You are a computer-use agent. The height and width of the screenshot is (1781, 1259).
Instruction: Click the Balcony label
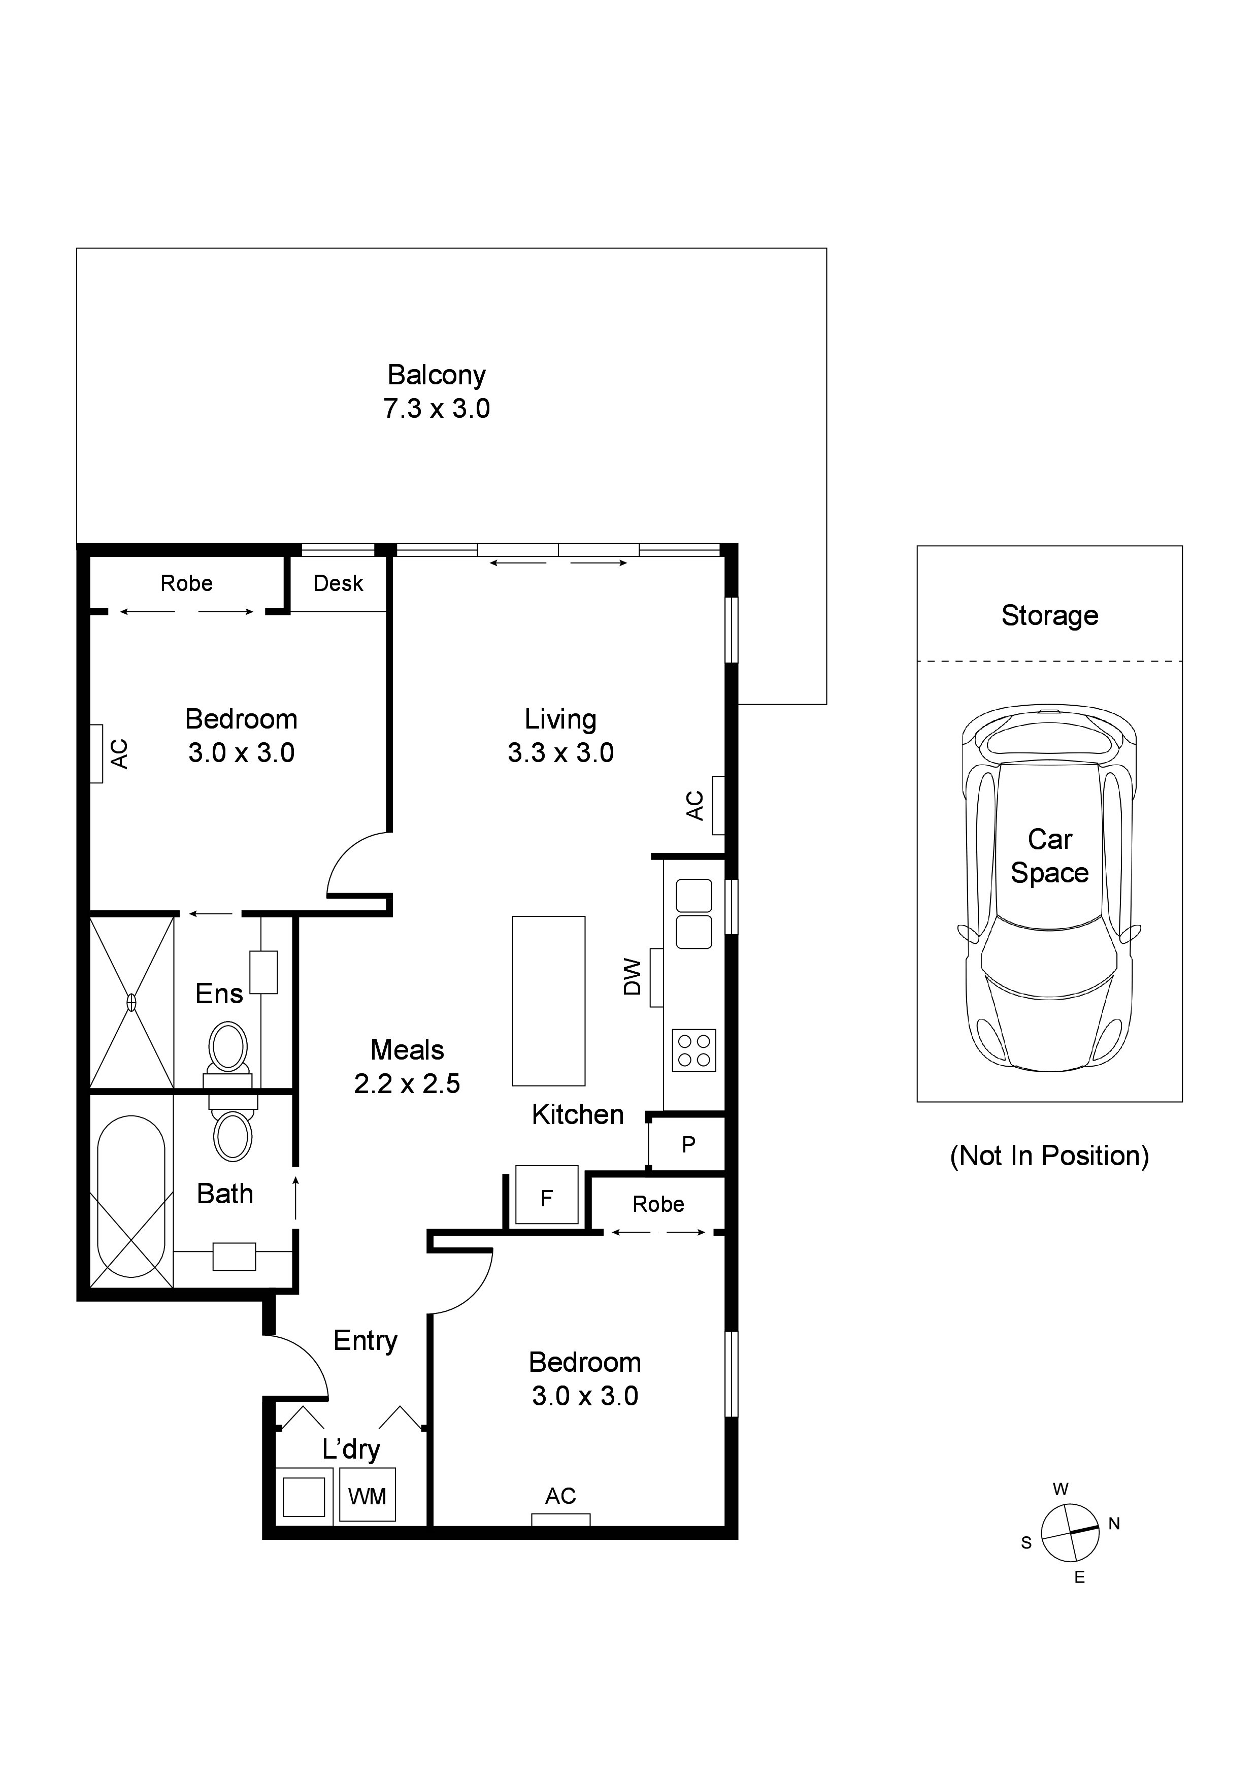click(436, 375)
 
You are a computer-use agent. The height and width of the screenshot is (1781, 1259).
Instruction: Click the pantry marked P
click(687, 1144)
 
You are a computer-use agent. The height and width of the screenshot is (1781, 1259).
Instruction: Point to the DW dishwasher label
click(633, 977)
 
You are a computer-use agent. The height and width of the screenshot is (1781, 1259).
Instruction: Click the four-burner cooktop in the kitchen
click(694, 1051)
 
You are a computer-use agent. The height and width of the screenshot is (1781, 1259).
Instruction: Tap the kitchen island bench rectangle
click(548, 1001)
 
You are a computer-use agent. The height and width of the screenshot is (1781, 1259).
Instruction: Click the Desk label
click(338, 583)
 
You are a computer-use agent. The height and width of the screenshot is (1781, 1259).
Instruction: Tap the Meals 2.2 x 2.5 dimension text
click(407, 1083)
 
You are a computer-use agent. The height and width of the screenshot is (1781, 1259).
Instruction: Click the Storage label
click(1049, 616)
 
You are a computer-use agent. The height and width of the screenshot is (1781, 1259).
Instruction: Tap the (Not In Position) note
click(1049, 1156)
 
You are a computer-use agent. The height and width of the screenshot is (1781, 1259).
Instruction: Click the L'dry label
click(351, 1449)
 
